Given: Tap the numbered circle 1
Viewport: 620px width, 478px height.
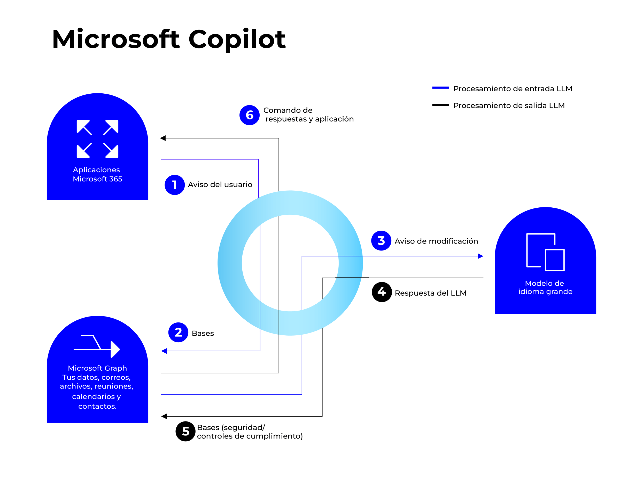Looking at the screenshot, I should (x=175, y=185).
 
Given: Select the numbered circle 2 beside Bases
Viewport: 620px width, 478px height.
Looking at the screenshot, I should (x=178, y=332).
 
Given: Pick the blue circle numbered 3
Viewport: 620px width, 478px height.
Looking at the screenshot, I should (x=381, y=241).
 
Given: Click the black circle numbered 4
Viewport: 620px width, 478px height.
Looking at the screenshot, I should (x=382, y=292).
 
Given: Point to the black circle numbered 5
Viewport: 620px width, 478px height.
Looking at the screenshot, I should (x=185, y=431).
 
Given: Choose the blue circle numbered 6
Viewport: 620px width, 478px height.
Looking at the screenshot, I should (x=250, y=115).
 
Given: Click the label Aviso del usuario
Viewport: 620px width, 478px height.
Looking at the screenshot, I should (x=220, y=184).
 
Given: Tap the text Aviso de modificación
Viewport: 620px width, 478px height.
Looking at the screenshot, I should (x=436, y=241).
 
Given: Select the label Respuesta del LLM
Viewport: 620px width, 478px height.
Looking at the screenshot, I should (x=430, y=293).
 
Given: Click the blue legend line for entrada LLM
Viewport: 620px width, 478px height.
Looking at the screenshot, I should (x=440, y=88).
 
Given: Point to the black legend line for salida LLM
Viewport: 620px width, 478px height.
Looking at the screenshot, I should (x=440, y=105).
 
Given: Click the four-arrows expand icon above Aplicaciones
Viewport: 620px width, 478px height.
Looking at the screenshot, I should (x=97, y=139).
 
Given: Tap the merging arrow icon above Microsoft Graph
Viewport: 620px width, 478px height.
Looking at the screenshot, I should (x=97, y=346).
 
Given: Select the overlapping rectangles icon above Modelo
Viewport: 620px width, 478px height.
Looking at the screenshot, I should (x=545, y=252).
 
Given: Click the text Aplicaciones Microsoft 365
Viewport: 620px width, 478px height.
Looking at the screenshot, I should (x=97, y=174).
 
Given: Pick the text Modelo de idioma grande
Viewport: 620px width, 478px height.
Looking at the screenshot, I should (x=545, y=287).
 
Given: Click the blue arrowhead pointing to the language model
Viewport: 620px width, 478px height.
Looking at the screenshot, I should (x=480, y=256).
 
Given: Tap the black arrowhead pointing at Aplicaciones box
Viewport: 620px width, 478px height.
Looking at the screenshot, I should (x=163, y=138).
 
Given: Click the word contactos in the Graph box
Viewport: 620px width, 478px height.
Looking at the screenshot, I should (x=97, y=406).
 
